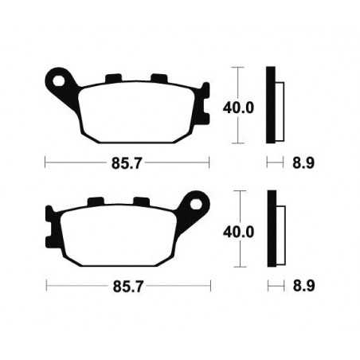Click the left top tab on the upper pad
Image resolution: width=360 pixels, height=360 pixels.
pyautogui.click(x=112, y=77)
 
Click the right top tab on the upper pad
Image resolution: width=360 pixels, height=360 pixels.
pyautogui.click(x=156, y=77)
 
